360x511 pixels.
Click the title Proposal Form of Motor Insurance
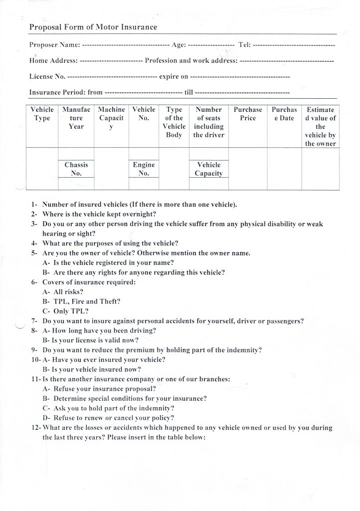tap(93, 27)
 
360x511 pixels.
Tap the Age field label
tap(179, 45)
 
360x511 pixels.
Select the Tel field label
tap(245, 45)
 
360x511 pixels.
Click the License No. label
tap(47, 77)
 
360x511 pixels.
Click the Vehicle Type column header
tap(42, 114)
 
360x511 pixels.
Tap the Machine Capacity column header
tap(111, 118)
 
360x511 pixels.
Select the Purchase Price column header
tap(248, 114)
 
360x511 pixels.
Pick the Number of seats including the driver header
tap(209, 122)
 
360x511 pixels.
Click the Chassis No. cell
tap(76, 169)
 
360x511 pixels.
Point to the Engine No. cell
tap(144, 169)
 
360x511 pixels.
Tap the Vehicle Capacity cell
tap(208, 169)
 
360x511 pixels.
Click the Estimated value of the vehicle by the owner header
tap(321, 127)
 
